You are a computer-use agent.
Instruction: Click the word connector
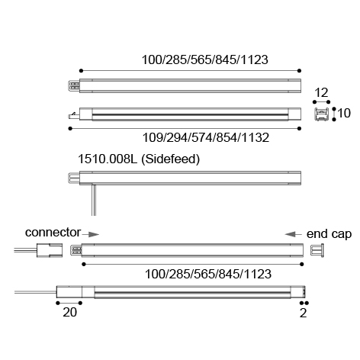coord(53,233)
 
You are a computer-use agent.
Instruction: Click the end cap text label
coord(329,234)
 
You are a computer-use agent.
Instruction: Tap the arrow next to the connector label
coord(91,234)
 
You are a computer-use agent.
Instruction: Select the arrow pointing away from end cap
coord(293,234)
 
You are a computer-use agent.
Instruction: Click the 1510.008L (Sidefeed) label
coord(139,159)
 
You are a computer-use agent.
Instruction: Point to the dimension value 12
coord(321,93)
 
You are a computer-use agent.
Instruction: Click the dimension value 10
coord(344,113)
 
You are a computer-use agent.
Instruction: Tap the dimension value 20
coord(70,312)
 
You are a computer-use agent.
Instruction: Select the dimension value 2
coord(303,313)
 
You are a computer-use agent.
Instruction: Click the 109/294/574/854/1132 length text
coord(206,137)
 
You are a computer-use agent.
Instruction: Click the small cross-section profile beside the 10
coord(321,114)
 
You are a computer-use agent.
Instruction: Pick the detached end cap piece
coord(317,251)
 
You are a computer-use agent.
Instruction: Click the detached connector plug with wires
coord(38,250)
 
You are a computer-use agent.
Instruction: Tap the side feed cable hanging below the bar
coord(94,201)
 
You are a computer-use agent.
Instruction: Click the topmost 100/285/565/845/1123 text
coord(205,59)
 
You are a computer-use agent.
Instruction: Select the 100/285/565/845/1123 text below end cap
coord(208,274)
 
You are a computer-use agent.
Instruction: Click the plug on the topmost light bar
coord(74,85)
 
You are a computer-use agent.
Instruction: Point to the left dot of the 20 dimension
coord(58,303)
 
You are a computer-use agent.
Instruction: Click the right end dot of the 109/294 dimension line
coord(299,129)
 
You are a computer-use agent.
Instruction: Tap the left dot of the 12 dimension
coord(314,102)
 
